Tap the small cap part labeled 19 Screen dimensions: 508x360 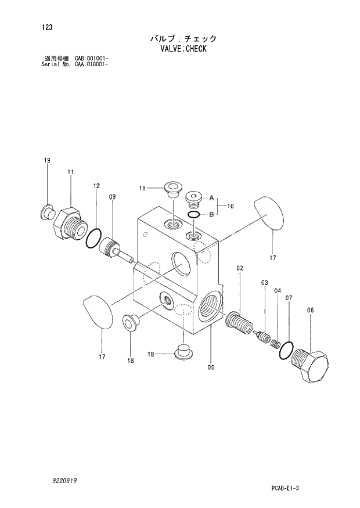click(x=46, y=209)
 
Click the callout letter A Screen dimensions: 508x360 click(x=212, y=198)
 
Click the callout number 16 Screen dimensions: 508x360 click(x=231, y=206)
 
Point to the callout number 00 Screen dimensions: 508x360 click(x=211, y=366)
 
